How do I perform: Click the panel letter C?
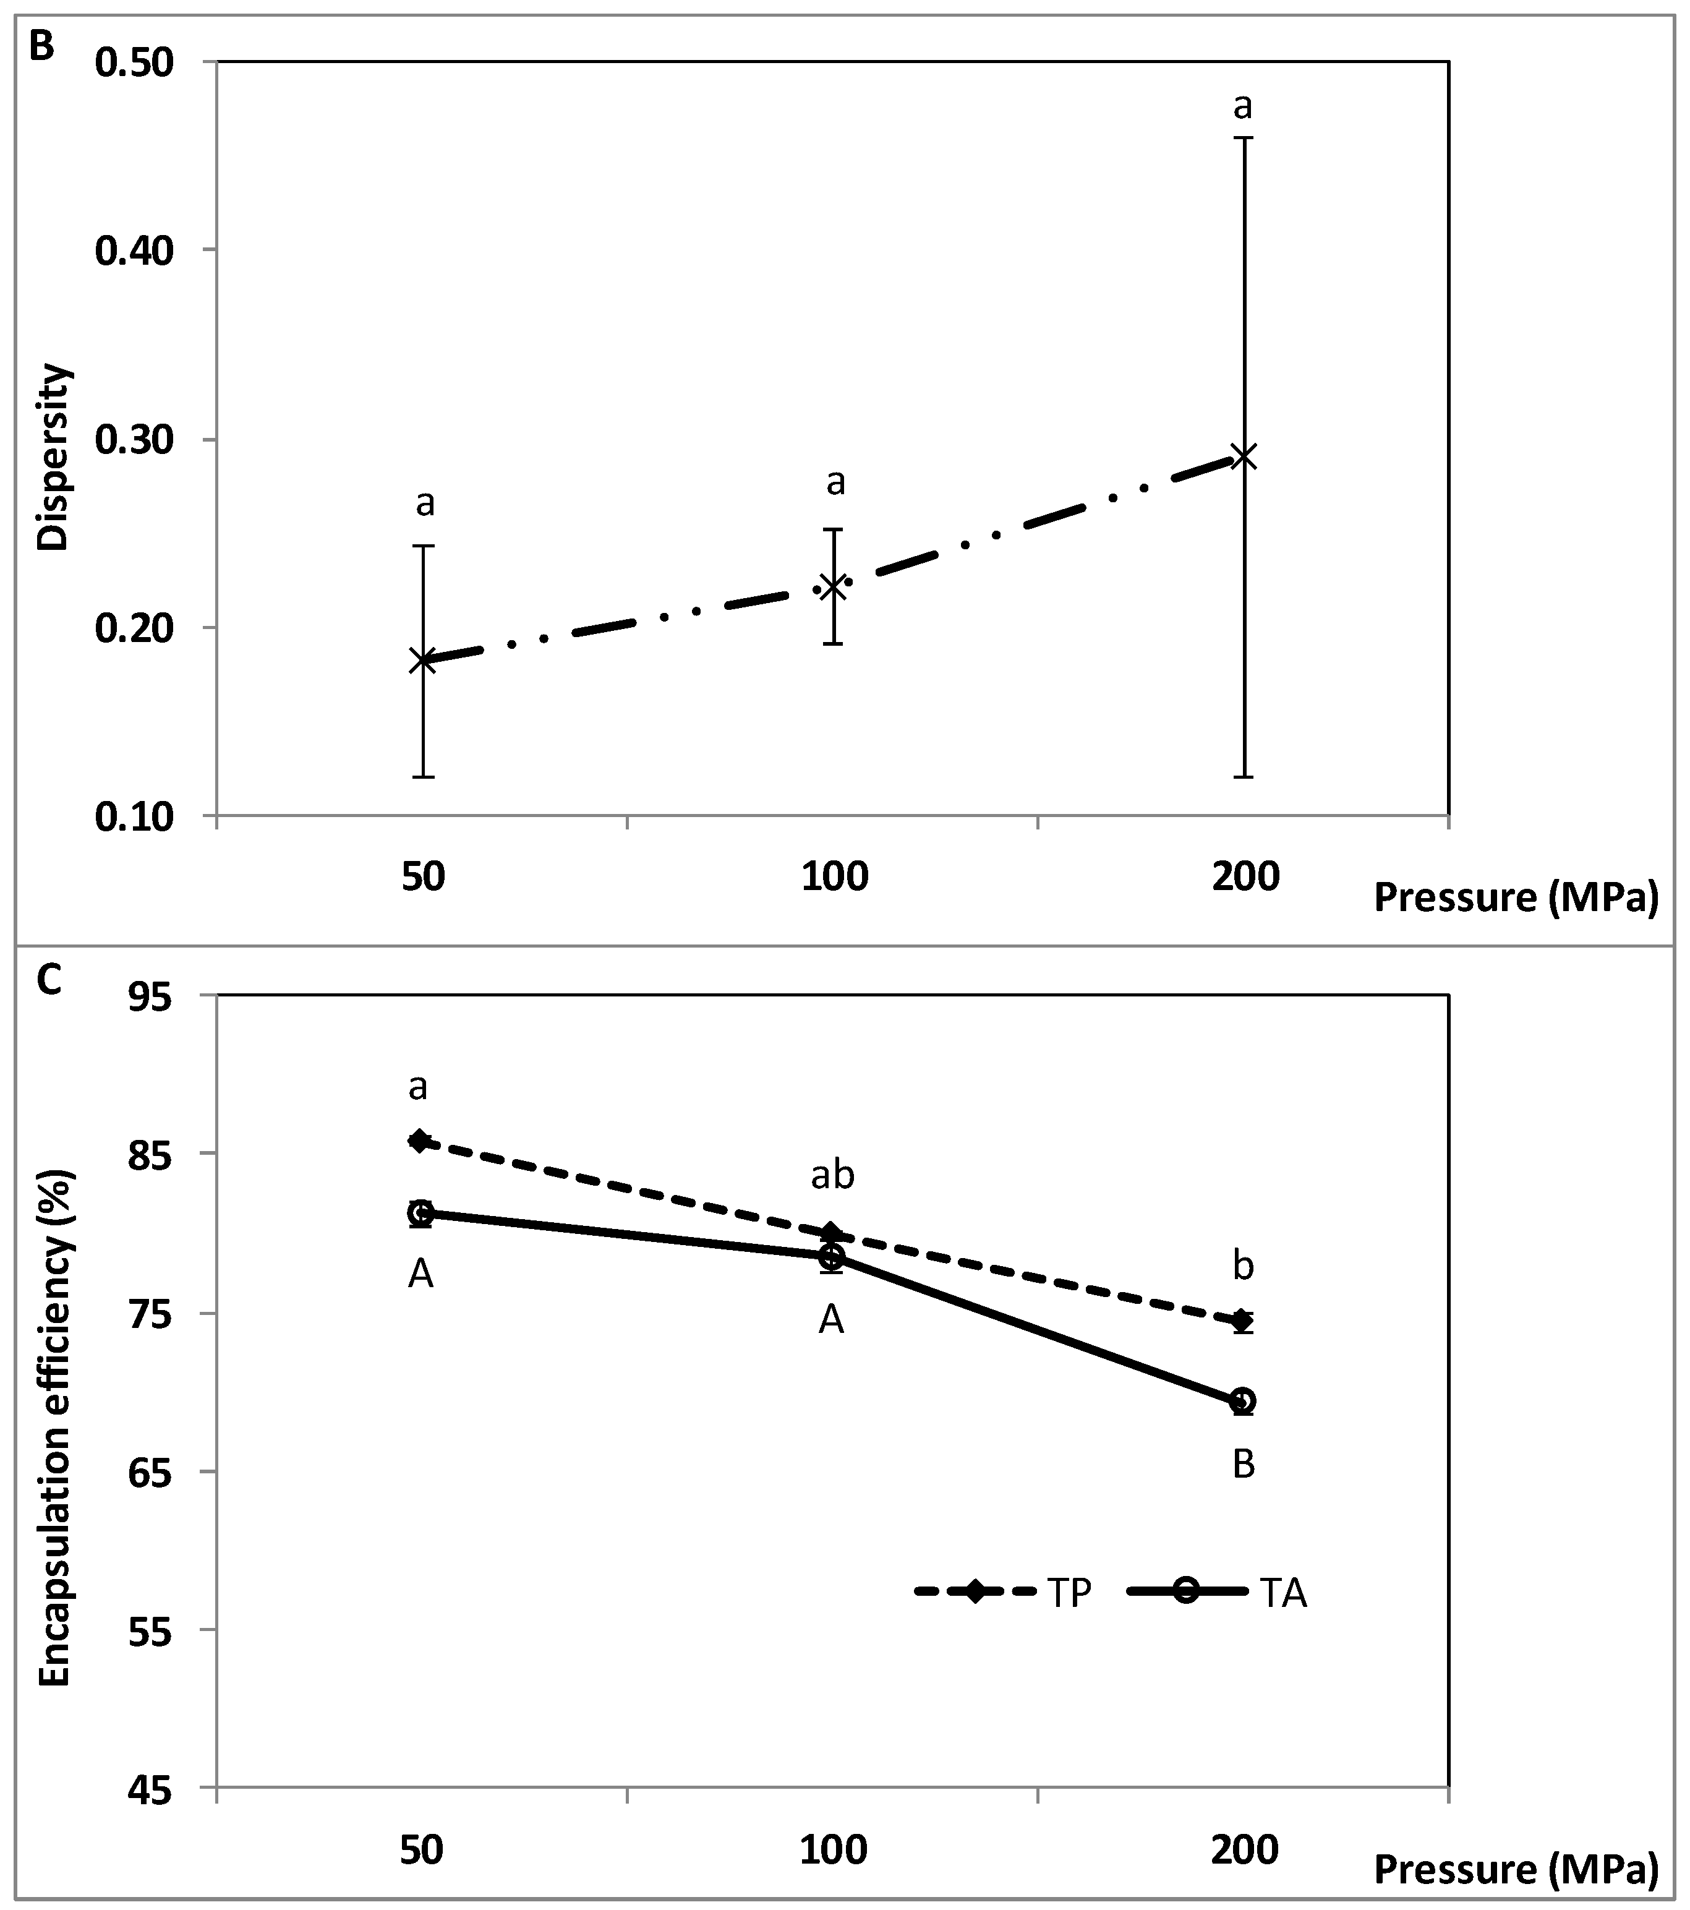47,980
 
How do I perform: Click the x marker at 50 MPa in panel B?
422,661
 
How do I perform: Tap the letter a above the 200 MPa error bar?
1242,106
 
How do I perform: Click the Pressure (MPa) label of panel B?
1515,897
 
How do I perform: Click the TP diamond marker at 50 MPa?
419,1141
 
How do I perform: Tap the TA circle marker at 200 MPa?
1242,1401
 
